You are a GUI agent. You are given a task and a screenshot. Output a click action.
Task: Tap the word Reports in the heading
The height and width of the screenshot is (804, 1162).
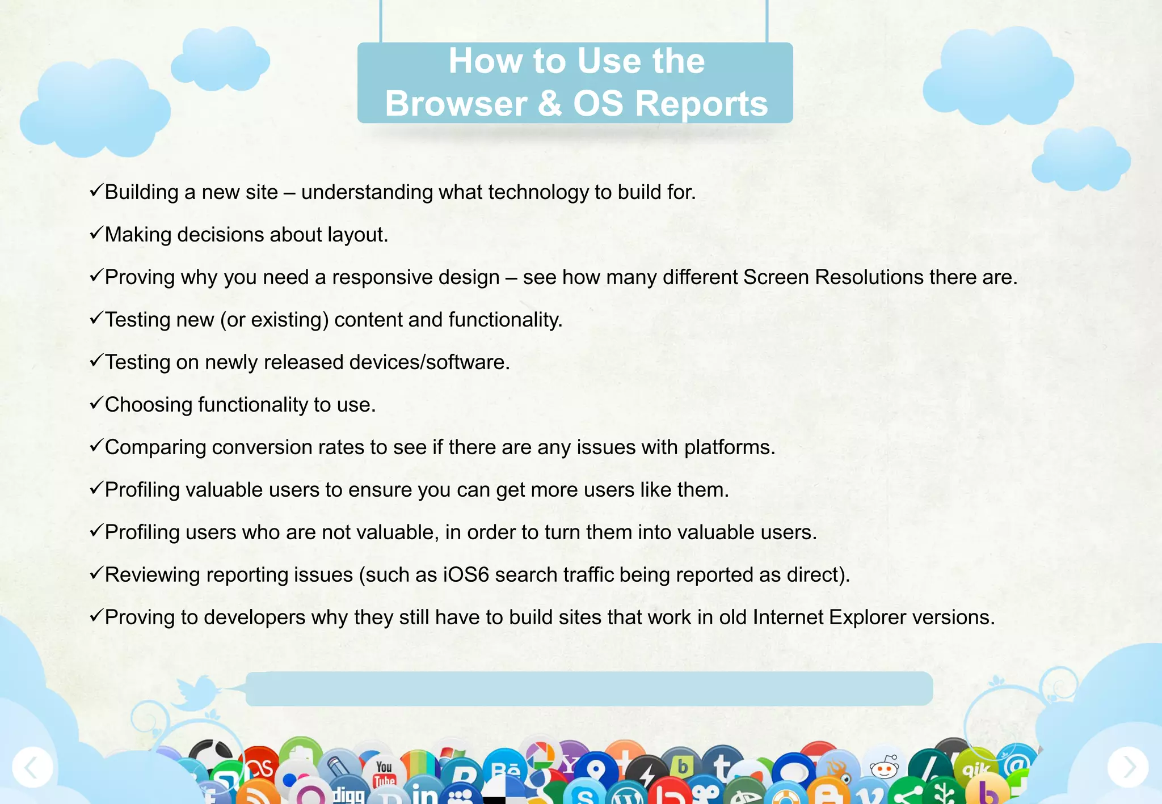pos(701,104)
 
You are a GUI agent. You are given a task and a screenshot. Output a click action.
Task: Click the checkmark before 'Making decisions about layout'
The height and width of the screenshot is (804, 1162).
pos(96,232)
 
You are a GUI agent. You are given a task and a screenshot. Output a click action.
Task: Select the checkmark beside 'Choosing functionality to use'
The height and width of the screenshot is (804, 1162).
pos(96,403)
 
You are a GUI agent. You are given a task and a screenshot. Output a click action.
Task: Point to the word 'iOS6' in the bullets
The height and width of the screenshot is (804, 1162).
pos(466,575)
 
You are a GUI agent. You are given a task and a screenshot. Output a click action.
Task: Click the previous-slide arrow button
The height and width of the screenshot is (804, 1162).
pos(32,767)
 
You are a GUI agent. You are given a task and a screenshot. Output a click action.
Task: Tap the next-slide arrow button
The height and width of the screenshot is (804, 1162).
pos(1128,767)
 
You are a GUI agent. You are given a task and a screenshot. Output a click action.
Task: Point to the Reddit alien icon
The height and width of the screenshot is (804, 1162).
pos(884,768)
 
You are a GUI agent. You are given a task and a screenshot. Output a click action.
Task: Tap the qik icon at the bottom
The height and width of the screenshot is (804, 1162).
pos(976,768)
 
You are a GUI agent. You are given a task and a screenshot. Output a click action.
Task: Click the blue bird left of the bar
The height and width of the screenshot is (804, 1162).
pos(197,692)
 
